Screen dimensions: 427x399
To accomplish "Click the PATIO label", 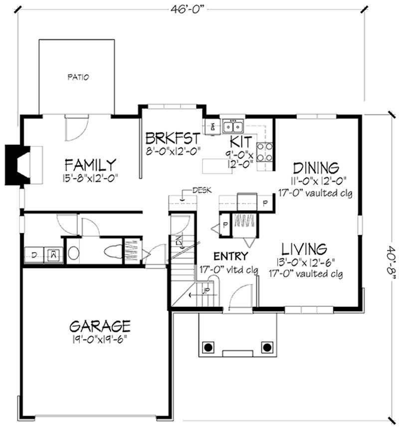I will coord(78,77).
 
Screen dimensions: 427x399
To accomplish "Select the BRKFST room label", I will coord(173,138).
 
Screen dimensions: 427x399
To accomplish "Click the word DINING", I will coord(315,167).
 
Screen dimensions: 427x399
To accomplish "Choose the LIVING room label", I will coord(304,248).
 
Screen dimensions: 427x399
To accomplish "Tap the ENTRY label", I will coord(231,256).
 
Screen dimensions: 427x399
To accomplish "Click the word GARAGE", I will coord(100,326).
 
